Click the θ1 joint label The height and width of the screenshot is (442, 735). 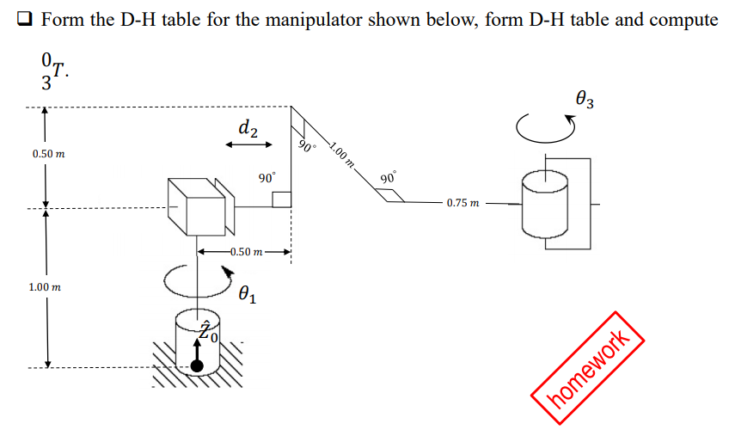tap(247, 295)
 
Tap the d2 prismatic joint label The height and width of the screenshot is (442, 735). tap(248, 128)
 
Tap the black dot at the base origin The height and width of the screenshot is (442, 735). tap(198, 366)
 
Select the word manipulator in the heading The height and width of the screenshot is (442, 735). tap(330, 19)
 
